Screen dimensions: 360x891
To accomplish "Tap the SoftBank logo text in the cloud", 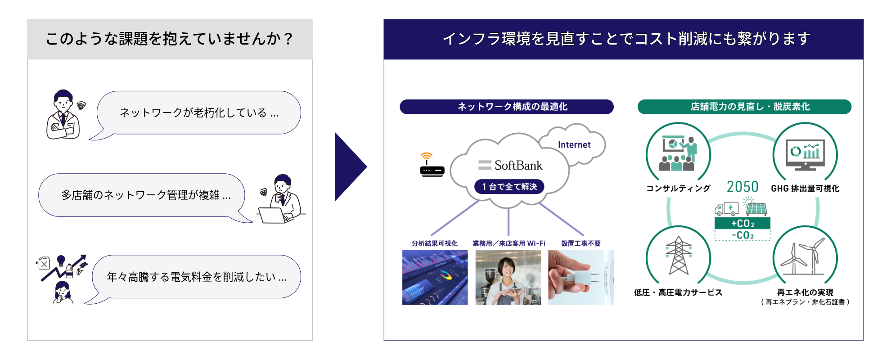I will click(x=511, y=166).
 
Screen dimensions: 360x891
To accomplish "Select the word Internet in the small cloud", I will click(x=574, y=145).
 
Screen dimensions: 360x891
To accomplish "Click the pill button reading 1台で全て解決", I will click(x=509, y=186).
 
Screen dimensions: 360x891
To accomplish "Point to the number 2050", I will click(x=742, y=187).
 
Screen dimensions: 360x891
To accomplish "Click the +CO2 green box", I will click(x=742, y=223).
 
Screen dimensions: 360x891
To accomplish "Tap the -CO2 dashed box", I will click(x=742, y=235).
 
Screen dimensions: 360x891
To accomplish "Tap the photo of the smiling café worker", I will click(x=508, y=278).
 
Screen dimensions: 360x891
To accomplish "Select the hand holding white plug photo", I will click(x=580, y=278).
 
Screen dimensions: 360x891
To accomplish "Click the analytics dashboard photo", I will click(x=435, y=278).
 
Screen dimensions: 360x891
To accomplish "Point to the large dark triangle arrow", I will click(x=349, y=166).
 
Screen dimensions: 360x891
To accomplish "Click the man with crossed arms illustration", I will click(x=63, y=115).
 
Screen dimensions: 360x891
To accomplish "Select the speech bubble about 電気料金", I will click(x=196, y=277).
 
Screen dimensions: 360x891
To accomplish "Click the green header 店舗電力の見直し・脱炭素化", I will click(x=744, y=107).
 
